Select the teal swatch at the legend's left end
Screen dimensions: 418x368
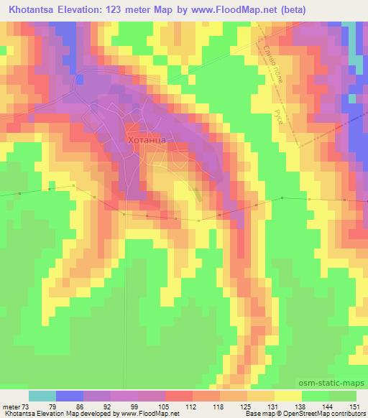click(42, 396)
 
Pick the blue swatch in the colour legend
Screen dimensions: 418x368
click(70, 396)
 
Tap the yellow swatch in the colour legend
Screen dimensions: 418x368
click(287, 396)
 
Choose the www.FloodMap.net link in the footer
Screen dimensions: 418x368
click(147, 414)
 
